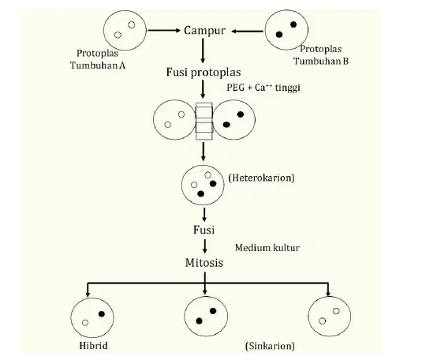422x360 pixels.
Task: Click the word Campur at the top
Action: [x=204, y=31]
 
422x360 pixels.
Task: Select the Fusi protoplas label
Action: [x=204, y=73]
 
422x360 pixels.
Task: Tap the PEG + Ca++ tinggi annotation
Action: [x=263, y=88]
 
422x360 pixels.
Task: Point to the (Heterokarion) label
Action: [x=261, y=178]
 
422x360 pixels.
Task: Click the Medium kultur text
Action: [x=267, y=248]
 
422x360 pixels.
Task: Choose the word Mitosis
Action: [x=204, y=263]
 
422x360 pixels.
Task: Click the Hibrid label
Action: [x=93, y=346]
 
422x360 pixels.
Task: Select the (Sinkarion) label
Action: [x=270, y=346]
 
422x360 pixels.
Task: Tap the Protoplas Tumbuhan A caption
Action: [x=98, y=59]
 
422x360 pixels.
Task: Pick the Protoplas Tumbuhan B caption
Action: [x=321, y=55]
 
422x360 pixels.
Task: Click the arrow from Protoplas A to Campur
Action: [x=164, y=31]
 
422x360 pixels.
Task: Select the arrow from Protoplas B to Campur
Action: [x=248, y=32]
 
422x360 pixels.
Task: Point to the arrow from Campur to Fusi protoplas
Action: [x=203, y=51]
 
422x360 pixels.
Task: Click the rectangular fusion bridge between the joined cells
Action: [x=204, y=122]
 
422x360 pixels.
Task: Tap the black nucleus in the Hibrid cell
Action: [x=102, y=314]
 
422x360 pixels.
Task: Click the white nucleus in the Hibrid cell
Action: [x=85, y=323]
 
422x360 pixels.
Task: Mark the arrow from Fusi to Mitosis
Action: [x=205, y=246]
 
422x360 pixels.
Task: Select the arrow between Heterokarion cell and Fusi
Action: [x=204, y=215]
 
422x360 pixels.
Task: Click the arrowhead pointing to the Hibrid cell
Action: [x=88, y=294]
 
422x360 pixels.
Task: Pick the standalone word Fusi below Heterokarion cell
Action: [x=204, y=230]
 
